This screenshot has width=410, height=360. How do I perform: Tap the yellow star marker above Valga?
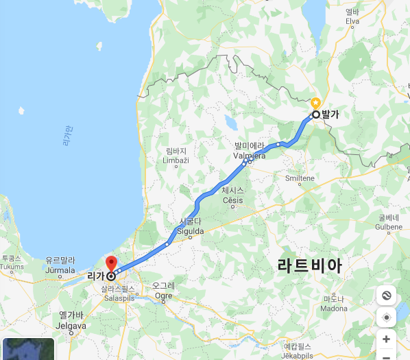(315, 102)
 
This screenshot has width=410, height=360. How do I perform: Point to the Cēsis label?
(233, 195)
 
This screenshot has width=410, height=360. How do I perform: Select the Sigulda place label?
(191, 227)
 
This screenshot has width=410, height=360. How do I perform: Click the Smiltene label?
(300, 178)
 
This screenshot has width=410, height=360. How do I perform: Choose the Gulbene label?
(389, 221)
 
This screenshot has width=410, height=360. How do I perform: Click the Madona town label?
(334, 303)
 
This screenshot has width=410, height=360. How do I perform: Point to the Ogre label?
(164, 290)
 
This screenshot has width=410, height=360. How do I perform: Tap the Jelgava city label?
(72, 320)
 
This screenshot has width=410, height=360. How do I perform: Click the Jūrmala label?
(59, 265)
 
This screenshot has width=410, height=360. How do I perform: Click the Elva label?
(352, 16)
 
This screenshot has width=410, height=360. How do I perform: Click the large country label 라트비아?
(309, 265)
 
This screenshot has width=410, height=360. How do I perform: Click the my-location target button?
(387, 317)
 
